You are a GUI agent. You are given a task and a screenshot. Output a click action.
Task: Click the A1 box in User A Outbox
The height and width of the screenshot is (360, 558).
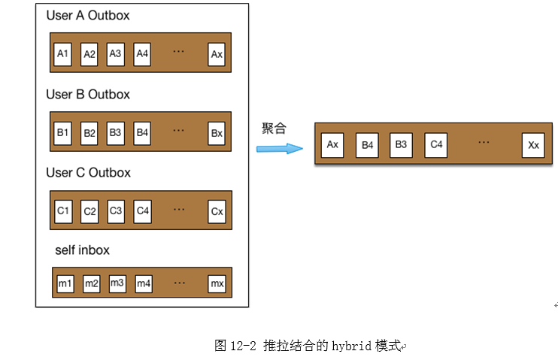coord(63,54)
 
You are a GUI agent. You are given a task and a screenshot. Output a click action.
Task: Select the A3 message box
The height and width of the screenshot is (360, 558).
coord(115,54)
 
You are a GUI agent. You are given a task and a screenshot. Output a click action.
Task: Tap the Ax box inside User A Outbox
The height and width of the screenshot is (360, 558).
coord(217,54)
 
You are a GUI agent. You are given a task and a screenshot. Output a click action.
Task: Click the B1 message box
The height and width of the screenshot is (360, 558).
coord(63,132)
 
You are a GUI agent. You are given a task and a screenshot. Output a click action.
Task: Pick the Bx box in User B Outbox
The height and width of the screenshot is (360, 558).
coord(217,133)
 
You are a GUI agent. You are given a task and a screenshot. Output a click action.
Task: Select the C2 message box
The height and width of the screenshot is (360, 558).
coord(89,211)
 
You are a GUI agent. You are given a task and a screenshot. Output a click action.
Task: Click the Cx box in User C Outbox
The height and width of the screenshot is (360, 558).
coord(217,211)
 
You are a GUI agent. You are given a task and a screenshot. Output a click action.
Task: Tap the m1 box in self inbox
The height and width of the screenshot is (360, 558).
coord(65,283)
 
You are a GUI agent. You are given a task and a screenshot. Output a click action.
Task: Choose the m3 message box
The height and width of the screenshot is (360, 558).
coord(117,283)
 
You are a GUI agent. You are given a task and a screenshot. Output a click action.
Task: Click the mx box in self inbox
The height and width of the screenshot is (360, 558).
coord(217,283)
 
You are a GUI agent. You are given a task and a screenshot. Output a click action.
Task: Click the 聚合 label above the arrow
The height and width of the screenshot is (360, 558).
coord(274,129)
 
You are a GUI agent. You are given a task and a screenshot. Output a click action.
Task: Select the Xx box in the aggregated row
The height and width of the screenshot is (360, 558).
coord(533,145)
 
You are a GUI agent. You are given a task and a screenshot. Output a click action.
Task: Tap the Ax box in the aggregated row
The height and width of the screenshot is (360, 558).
coord(332,145)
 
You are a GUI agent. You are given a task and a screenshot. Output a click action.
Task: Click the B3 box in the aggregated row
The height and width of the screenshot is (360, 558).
coord(401,145)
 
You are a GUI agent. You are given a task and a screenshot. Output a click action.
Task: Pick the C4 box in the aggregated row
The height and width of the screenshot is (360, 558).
coord(435,145)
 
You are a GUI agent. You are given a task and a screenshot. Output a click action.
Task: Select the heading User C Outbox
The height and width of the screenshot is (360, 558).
coord(88,173)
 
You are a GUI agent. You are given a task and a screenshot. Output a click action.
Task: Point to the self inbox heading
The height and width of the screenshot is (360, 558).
coord(82,250)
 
